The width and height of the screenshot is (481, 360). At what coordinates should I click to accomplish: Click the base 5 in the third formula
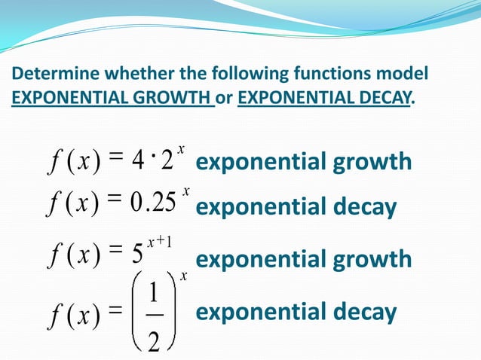coord(137,259)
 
